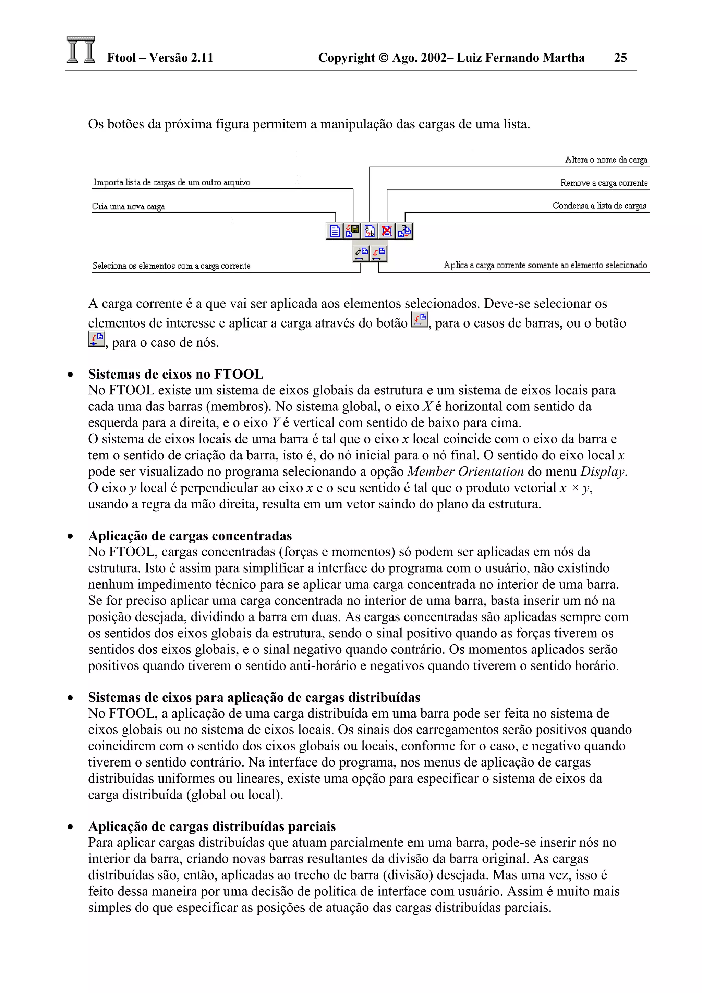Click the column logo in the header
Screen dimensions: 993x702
click(x=81, y=50)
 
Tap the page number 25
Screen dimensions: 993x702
click(x=620, y=58)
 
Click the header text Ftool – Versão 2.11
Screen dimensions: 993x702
click(x=160, y=58)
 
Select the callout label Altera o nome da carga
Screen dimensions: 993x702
click(x=606, y=160)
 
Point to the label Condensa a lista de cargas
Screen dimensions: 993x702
click(x=599, y=206)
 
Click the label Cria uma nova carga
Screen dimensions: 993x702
click(x=129, y=206)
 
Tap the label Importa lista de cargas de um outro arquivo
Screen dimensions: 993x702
click(x=172, y=183)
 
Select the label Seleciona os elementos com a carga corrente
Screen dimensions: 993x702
click(x=171, y=266)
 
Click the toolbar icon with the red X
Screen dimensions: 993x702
click(x=387, y=231)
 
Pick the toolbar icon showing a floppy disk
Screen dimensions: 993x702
click(x=352, y=231)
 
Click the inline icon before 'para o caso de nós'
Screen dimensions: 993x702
click(x=96, y=339)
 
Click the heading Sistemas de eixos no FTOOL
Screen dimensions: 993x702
click(x=175, y=374)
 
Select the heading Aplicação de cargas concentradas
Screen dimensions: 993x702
click(x=190, y=536)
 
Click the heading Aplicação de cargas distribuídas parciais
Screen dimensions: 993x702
click(x=212, y=826)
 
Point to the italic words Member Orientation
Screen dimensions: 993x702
click(x=465, y=471)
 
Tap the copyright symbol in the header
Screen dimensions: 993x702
click(x=383, y=58)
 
